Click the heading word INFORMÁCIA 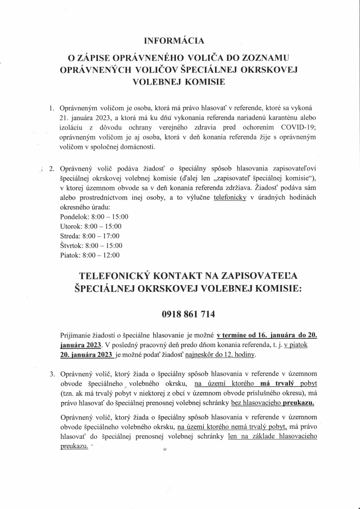[174, 41]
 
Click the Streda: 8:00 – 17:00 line [90, 236]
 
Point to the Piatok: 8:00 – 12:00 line [90, 255]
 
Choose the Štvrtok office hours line [91, 246]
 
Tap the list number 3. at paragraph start [52, 374]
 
